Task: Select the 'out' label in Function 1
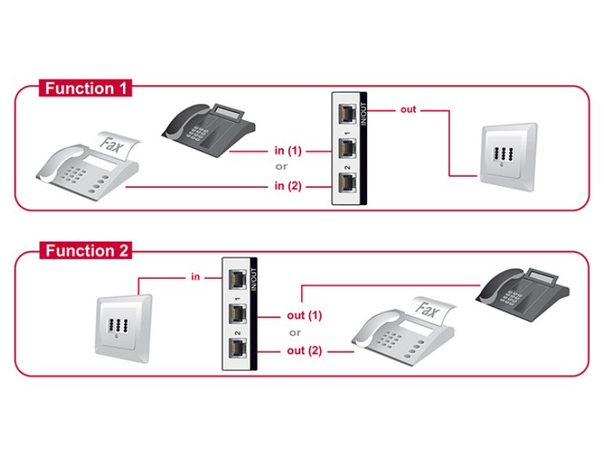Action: pos(408,110)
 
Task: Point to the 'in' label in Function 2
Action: pos(195,277)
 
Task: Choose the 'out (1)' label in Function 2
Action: pos(305,315)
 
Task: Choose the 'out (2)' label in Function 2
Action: pos(305,350)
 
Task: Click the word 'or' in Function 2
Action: pos(295,333)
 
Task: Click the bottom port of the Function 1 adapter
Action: pos(346,184)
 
